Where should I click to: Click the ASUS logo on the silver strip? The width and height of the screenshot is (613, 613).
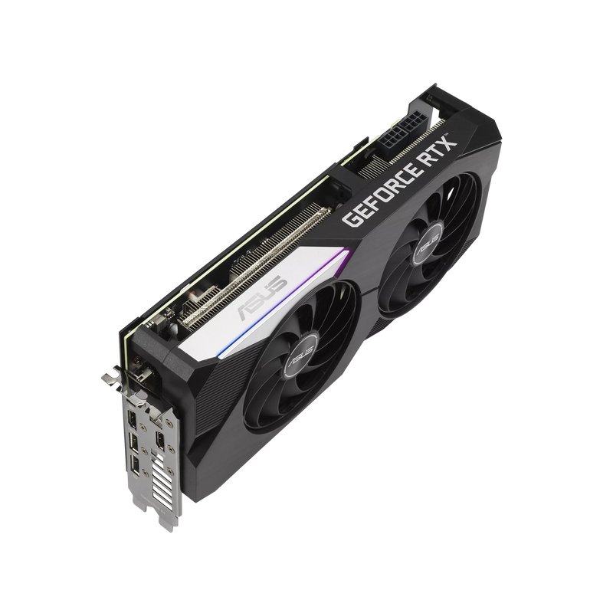click(262, 299)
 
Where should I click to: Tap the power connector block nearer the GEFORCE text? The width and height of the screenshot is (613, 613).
click(392, 139)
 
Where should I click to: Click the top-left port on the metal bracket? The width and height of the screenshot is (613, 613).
click(133, 419)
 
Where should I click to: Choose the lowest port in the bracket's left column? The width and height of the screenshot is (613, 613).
click(135, 467)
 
